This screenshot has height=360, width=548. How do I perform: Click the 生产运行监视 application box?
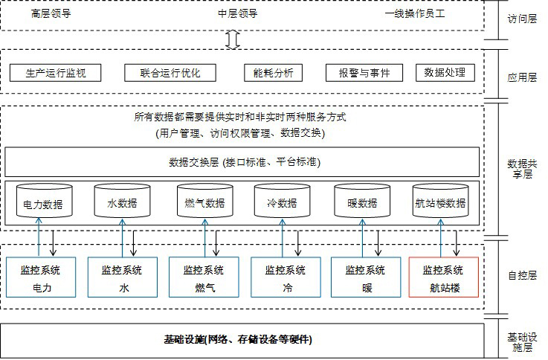55,73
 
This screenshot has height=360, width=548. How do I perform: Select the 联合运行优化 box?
170,73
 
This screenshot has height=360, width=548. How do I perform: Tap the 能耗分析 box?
273,73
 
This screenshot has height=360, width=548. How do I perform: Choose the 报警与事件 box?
364,73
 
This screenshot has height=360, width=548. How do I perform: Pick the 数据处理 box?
445,72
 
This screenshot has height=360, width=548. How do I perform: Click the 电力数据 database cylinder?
45,200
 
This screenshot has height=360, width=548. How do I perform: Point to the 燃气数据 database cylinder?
205,200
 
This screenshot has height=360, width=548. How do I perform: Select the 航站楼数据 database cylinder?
441,200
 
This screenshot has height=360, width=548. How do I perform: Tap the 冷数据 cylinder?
283,200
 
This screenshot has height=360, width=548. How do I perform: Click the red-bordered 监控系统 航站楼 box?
443,277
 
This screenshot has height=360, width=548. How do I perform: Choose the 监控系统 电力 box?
41,277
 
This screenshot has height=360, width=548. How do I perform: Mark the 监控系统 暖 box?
366,277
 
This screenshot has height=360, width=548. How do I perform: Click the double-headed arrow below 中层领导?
233,39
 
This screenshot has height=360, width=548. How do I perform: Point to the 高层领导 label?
51,13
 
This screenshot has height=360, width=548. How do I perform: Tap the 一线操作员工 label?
415,13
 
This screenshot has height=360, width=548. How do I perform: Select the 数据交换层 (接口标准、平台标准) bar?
242,162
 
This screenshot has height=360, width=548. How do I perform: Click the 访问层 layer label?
522,19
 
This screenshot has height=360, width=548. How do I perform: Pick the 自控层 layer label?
522,275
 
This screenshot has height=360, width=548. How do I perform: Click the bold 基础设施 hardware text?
238,339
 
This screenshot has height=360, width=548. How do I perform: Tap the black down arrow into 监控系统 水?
133,243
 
